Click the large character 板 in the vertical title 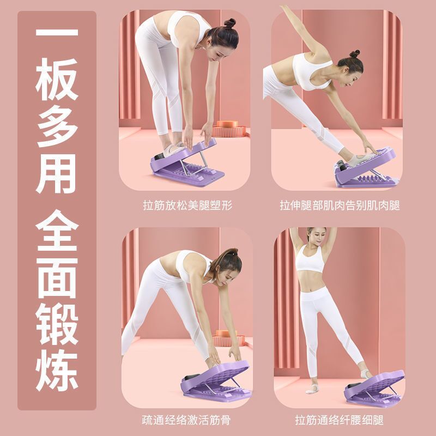click(x=57, y=80)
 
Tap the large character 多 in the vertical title click(x=57, y=126)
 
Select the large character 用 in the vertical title click(x=57, y=174)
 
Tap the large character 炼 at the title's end click(x=57, y=371)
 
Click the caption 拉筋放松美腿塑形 click(x=187, y=205)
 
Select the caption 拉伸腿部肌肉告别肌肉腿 click(x=340, y=205)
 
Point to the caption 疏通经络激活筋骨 click(x=186, y=420)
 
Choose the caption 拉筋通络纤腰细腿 click(x=339, y=420)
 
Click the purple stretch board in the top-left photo click(x=187, y=164)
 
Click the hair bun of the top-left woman click(x=230, y=23)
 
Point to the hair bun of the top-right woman click(x=355, y=53)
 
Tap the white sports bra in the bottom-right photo click(x=310, y=260)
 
